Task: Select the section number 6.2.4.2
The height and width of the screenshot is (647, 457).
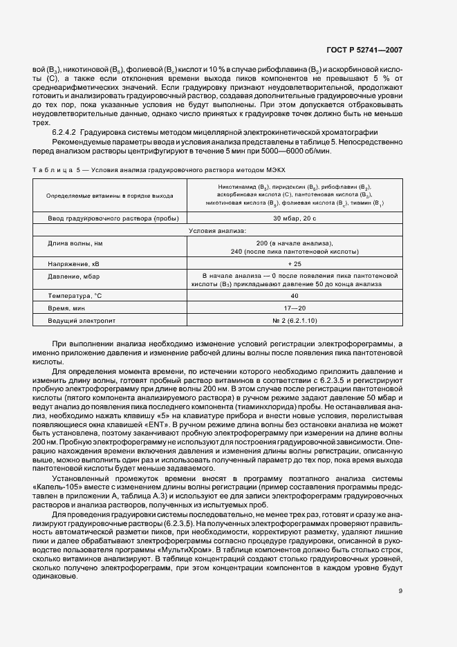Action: coord(68,131)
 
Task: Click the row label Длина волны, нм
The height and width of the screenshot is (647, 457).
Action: coord(75,243)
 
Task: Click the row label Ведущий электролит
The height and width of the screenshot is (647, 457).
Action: coord(82,321)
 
